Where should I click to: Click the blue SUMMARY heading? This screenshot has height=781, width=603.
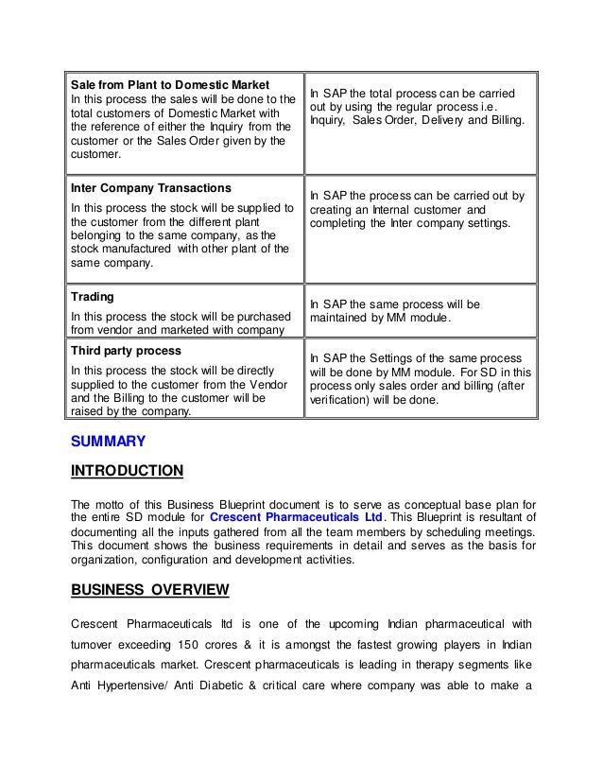pyautogui.click(x=109, y=440)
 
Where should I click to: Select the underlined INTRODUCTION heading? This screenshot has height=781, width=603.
pyautogui.click(x=128, y=471)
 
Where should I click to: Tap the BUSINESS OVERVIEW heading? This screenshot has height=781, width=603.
pyautogui.click(x=150, y=591)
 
